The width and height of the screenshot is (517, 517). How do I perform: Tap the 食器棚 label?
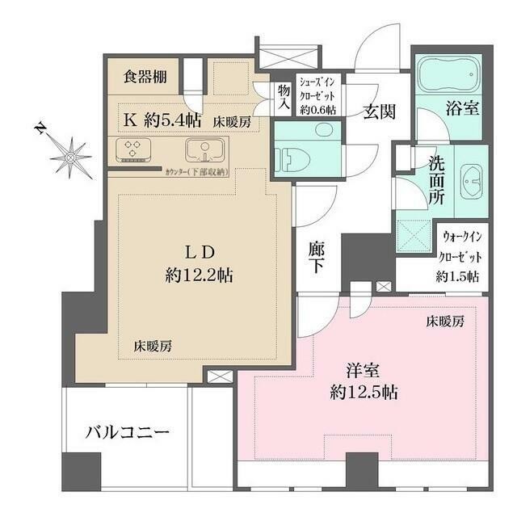click(x=145, y=78)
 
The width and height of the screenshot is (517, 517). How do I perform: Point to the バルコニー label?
click(x=128, y=433)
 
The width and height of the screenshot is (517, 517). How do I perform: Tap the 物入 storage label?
click(x=284, y=99)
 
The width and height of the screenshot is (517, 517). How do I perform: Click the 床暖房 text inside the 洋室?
click(x=445, y=322)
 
